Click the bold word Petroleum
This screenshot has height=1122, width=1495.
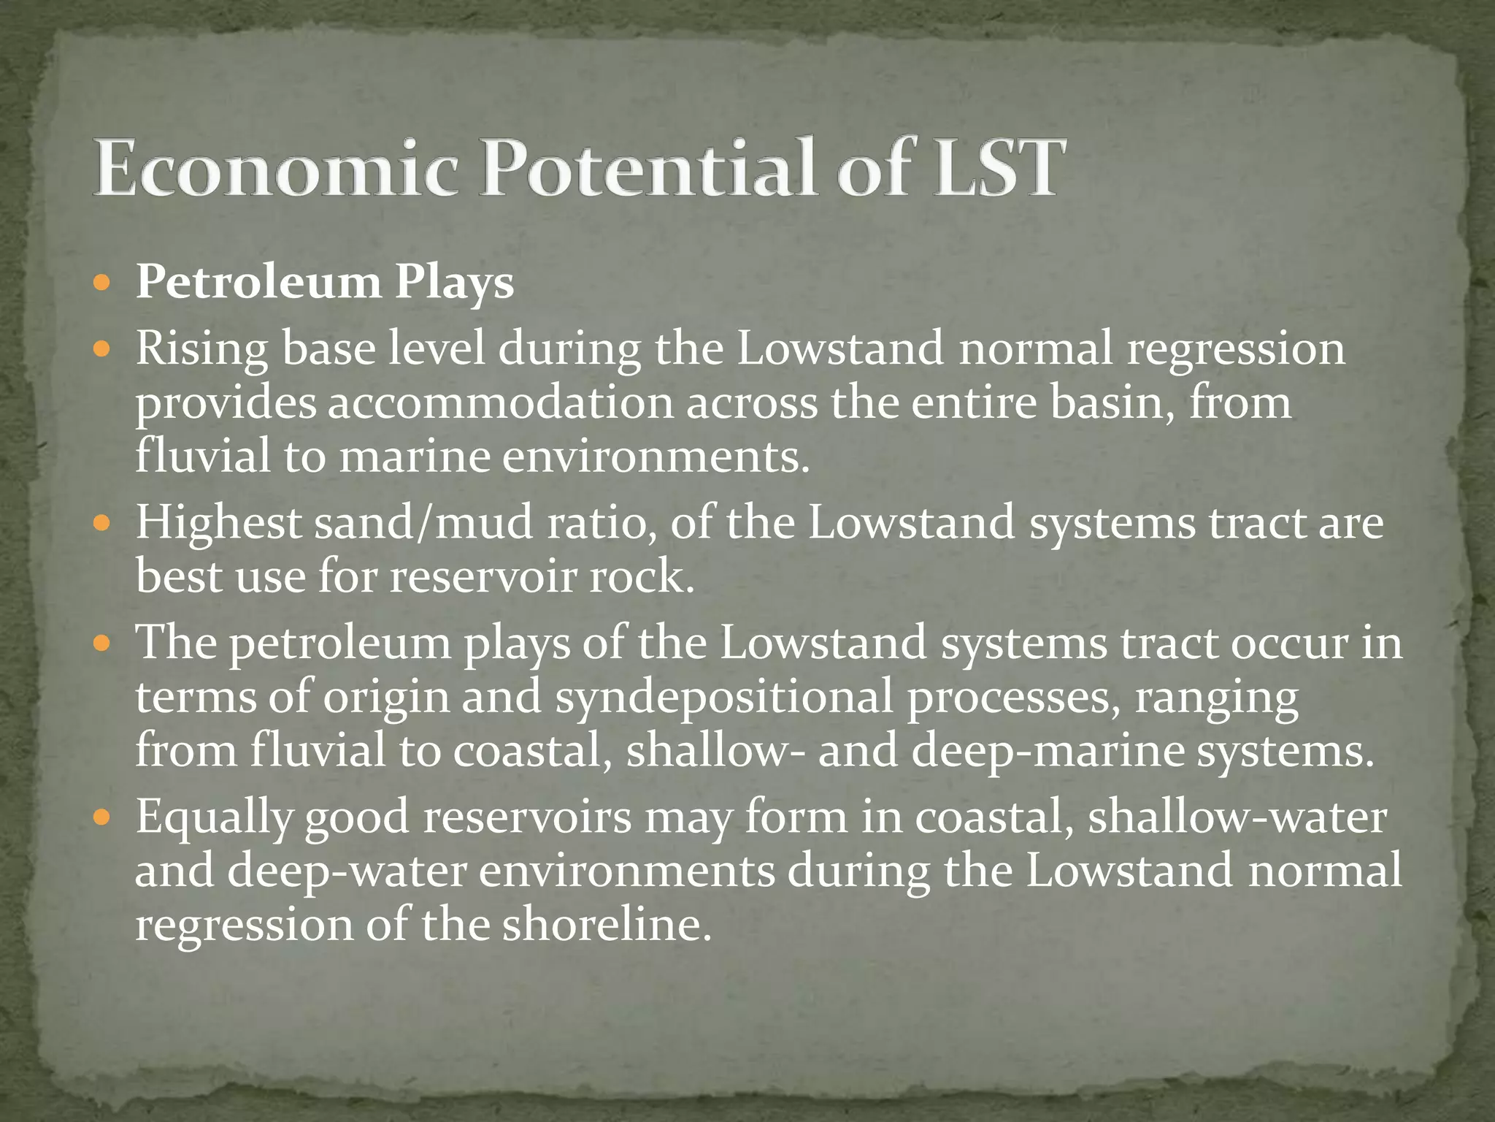258,283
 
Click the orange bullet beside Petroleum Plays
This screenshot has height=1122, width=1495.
103,282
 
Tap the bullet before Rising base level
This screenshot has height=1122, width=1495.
103,348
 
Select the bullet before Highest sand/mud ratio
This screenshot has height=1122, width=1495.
103,523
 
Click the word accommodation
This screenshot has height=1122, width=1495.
499,403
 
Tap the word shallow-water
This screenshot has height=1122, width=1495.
1237,817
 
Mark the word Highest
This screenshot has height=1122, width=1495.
218,524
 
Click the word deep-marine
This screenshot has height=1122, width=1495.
1048,752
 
